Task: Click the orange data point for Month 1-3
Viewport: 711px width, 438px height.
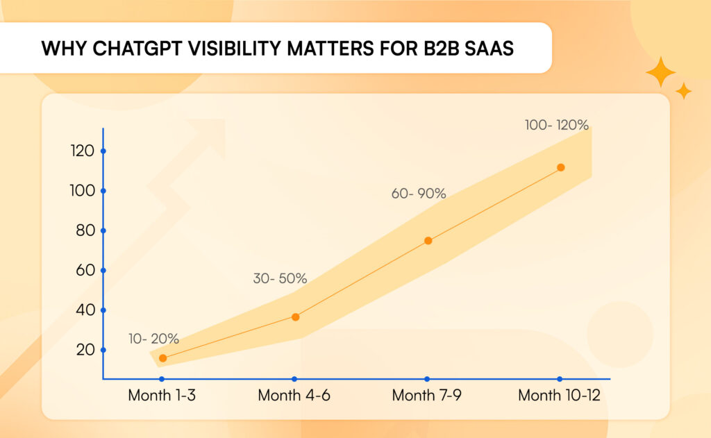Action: click(162, 358)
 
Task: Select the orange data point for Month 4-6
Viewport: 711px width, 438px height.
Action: click(295, 317)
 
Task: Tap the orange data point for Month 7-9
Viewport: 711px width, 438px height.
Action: click(428, 241)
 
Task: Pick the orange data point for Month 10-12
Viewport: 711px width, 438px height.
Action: click(560, 167)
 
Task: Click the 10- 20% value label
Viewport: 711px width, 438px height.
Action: click(153, 339)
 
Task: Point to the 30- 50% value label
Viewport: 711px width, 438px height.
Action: click(280, 279)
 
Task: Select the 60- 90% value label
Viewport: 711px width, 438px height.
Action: click(419, 194)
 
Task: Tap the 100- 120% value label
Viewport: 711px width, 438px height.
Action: click(557, 126)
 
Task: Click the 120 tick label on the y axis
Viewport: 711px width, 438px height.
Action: click(83, 151)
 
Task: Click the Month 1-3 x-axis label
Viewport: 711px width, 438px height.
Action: click(162, 396)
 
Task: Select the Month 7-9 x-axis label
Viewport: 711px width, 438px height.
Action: click(427, 396)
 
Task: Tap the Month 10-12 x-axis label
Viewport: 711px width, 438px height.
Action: click(560, 396)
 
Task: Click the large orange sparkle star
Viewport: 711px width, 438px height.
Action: click(660, 72)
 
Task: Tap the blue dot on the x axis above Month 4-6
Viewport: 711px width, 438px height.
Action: click(294, 379)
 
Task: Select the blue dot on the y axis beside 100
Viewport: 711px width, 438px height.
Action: click(103, 191)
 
